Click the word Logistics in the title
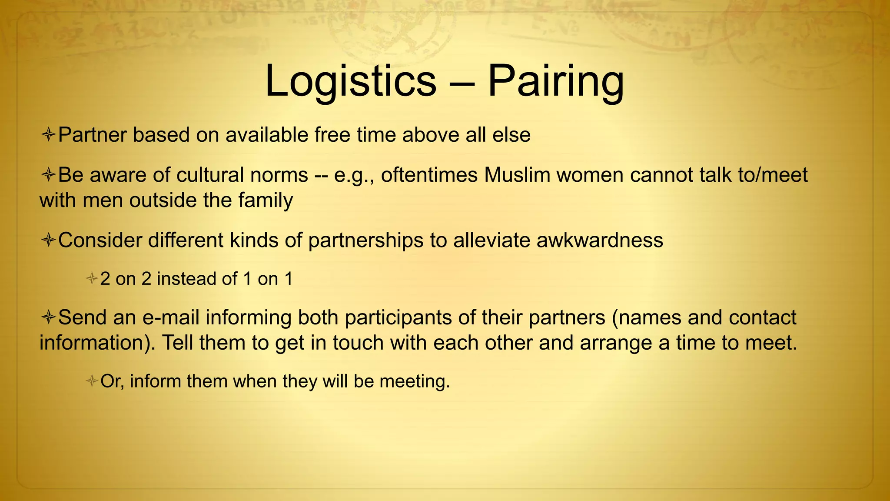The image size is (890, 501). tap(350, 81)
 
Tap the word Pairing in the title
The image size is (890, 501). tap(555, 81)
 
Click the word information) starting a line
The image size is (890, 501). tap(97, 343)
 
